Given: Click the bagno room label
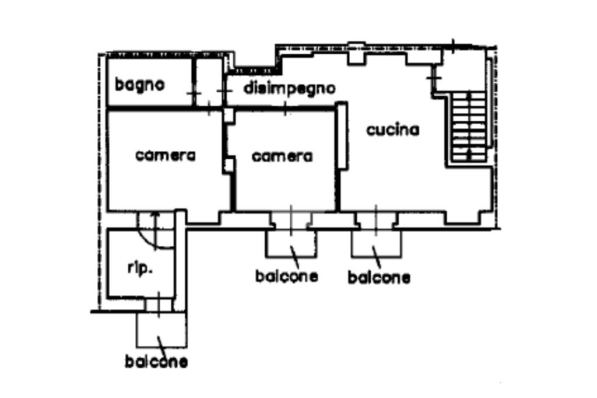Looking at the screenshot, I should [x=140, y=85].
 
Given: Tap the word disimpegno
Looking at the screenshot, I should [x=289, y=89].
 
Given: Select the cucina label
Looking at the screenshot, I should [x=392, y=130].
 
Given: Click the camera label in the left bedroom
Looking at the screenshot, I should [x=166, y=156].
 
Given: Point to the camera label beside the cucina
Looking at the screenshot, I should [x=282, y=156].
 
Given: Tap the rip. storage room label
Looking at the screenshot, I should [x=140, y=268].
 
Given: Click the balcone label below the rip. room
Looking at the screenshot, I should [x=156, y=362].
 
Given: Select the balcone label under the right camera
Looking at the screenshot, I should [x=287, y=275].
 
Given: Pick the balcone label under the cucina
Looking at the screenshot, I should [x=379, y=277].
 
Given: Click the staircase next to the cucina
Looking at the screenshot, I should [x=469, y=127].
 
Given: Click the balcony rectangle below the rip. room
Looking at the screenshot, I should [x=161, y=330].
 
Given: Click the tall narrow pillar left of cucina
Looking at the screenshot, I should [x=342, y=135].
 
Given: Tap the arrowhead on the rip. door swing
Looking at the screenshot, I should [x=154, y=215].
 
